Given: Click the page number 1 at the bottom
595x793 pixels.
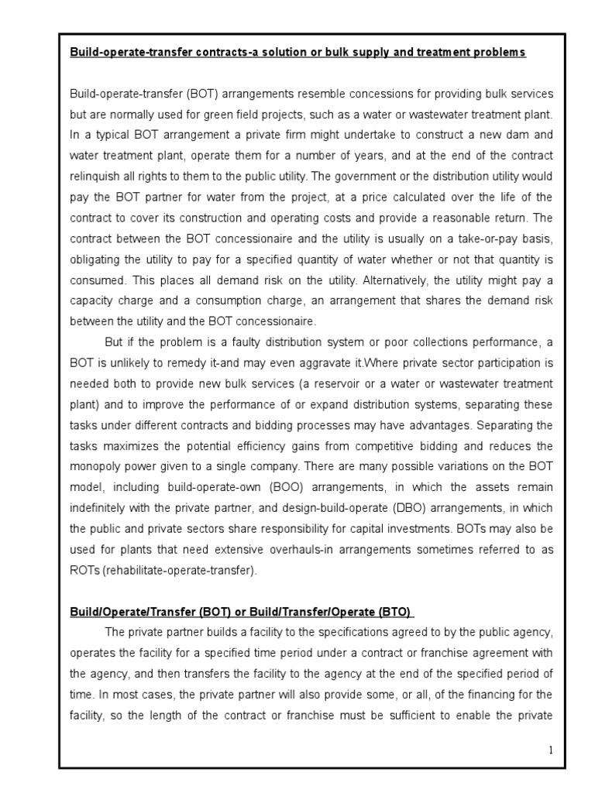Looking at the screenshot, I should (552, 750).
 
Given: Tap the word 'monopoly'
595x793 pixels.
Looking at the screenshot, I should (96, 467).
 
